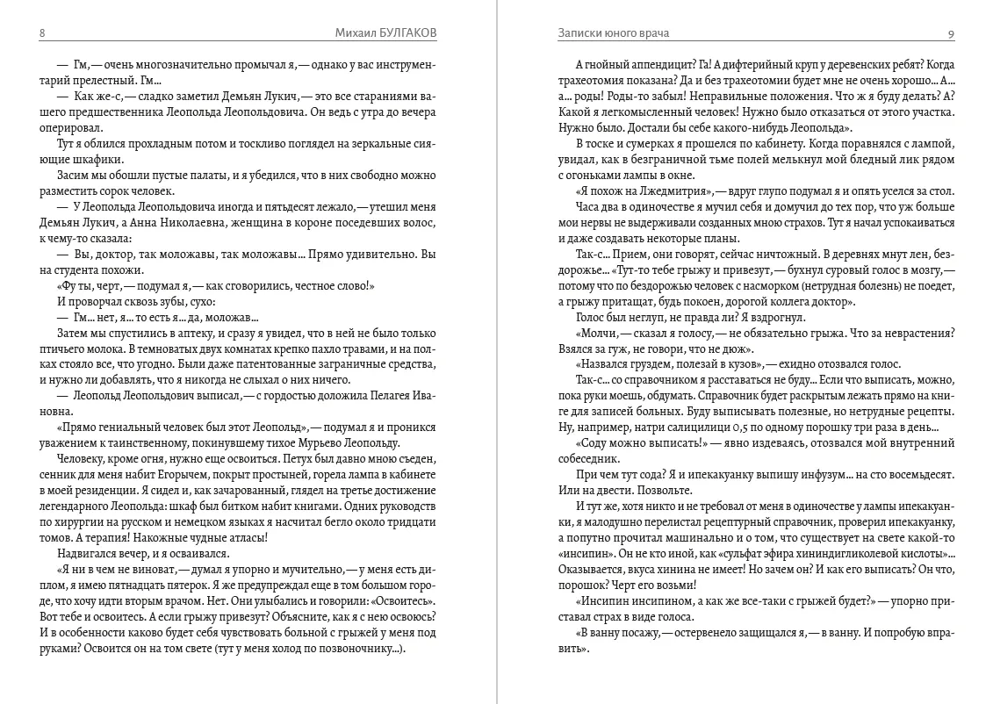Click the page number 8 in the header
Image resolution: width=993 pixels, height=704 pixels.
point(43,33)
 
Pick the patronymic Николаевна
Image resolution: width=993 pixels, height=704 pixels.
point(185,223)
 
